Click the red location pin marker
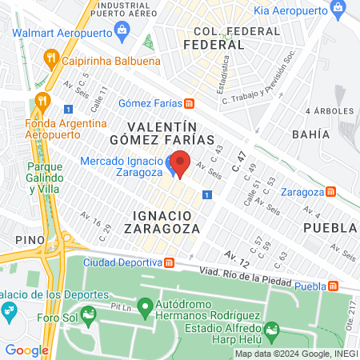(x=180, y=163)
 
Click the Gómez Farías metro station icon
(x=189, y=103)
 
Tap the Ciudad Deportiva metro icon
(x=169, y=262)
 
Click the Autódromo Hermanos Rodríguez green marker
(x=145, y=305)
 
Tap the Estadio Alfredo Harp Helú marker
(x=272, y=329)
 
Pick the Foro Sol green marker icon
(x=90, y=313)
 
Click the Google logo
(x=26, y=350)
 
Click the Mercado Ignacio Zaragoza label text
(x=122, y=167)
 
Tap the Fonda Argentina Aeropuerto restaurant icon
(x=43, y=102)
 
